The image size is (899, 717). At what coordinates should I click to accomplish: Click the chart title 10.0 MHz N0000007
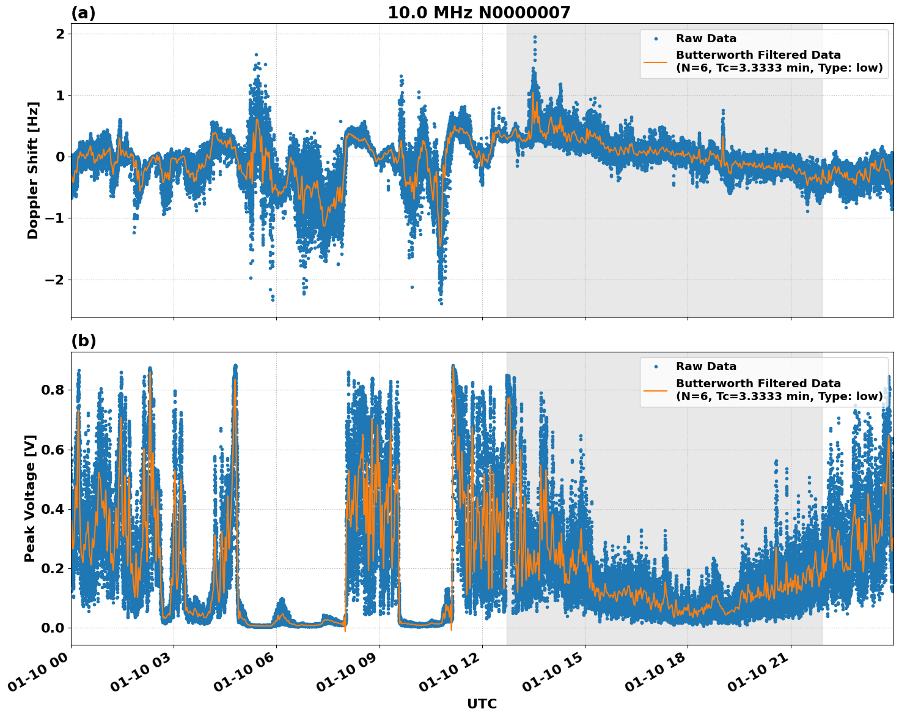coord(479,13)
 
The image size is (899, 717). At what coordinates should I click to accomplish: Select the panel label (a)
coord(83,13)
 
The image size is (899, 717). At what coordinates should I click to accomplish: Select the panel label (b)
coord(83,341)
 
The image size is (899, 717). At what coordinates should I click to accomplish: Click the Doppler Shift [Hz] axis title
coord(33,170)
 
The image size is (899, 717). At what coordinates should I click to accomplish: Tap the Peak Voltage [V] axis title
coord(30,498)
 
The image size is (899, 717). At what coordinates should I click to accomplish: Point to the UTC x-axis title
coord(482,704)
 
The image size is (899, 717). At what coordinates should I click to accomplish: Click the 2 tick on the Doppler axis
coord(60,34)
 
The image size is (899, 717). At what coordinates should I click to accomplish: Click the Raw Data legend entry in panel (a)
coord(706,39)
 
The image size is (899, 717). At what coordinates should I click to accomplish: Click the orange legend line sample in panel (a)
coord(656,62)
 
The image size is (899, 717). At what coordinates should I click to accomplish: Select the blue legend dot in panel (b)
coord(656,366)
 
